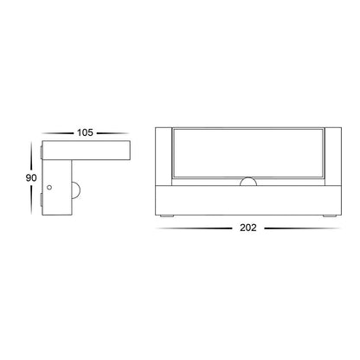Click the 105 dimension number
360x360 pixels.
85,132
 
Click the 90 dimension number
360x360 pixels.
31,178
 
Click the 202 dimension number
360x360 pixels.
248,228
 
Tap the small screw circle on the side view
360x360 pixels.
49,188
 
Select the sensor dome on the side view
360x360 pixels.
75,190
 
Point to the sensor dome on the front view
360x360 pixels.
248,182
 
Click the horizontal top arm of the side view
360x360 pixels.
87,150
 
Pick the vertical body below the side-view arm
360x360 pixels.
57,187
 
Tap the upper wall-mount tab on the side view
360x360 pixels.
42,152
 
